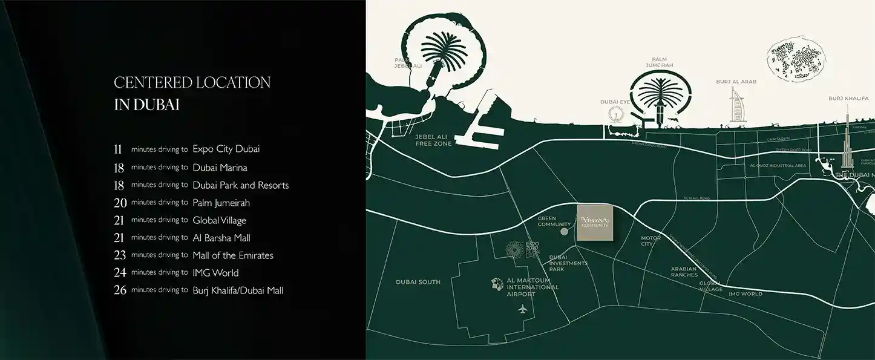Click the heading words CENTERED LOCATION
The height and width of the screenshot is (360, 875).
point(192,83)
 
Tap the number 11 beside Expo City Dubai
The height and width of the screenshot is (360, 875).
point(118,149)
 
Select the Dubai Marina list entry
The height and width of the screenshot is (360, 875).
point(220,167)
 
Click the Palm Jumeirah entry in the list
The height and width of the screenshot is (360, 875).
point(221,203)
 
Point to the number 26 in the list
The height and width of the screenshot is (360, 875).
point(120,290)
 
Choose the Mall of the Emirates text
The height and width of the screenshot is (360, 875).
point(232,255)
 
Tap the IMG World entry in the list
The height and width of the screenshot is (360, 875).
point(215,273)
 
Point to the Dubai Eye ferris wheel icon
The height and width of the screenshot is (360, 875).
point(616,114)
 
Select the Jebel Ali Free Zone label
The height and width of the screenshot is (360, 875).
point(433,140)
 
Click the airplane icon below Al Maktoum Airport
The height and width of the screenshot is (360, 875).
point(523,309)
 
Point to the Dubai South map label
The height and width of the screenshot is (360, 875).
point(418,282)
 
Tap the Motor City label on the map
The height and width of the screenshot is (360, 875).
point(651,241)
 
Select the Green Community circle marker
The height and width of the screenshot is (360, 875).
point(564,231)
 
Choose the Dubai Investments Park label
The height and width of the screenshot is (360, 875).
point(568,263)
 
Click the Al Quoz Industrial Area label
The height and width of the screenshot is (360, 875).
point(778,165)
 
